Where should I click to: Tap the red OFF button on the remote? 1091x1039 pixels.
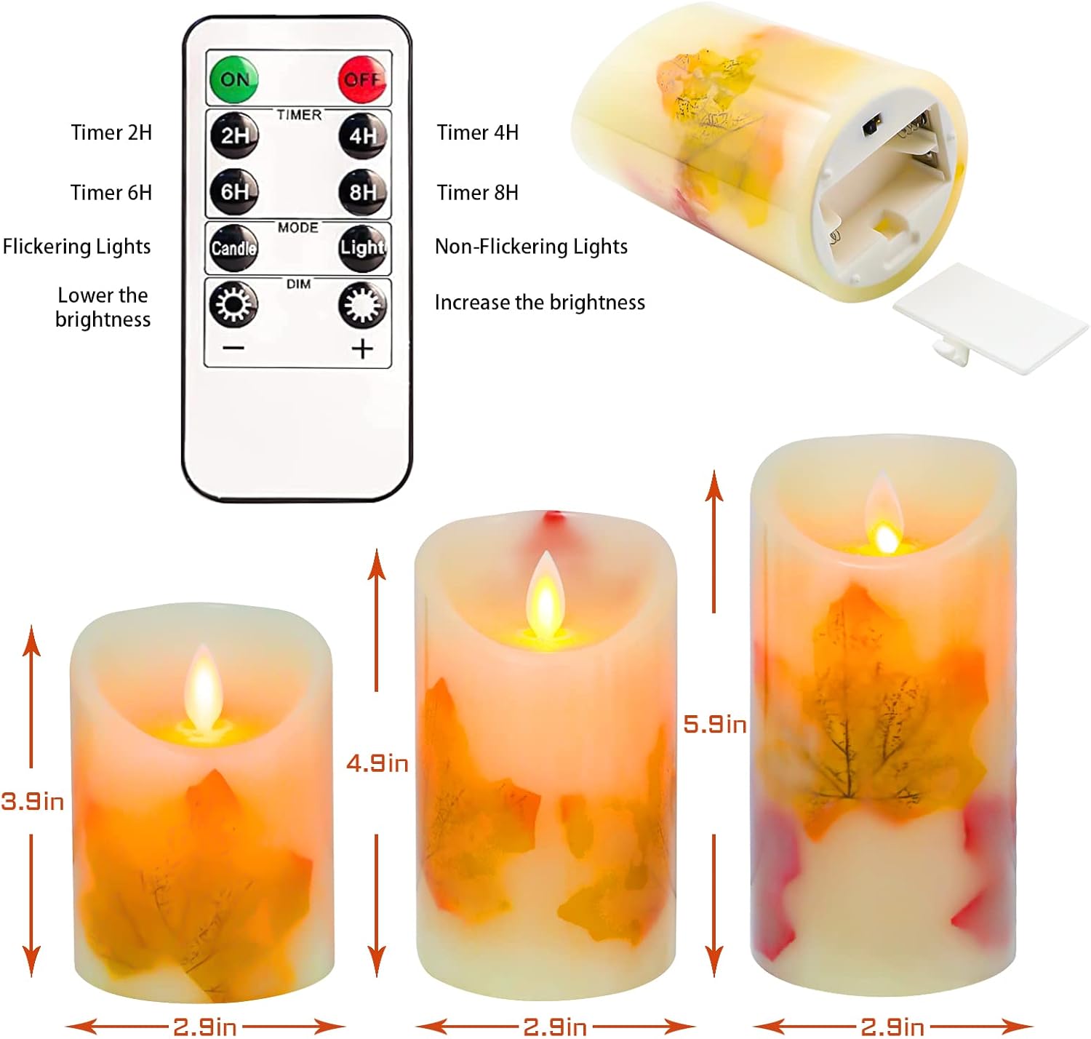point(361,79)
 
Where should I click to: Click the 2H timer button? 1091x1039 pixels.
point(234,135)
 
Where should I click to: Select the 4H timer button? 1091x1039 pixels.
point(362,135)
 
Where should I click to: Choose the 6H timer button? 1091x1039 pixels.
point(234,192)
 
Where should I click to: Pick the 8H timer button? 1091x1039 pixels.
point(362,192)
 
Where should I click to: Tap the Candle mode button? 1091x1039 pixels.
point(233,247)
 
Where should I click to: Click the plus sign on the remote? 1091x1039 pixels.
point(361,349)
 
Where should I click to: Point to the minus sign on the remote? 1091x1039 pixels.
point(233,349)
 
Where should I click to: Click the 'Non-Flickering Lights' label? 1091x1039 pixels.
point(530,247)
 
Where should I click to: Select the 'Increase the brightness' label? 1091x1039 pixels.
point(540,303)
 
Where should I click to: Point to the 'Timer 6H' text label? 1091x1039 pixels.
point(111,193)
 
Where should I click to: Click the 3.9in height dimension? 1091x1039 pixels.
point(32,801)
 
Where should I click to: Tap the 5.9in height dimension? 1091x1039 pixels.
point(715,724)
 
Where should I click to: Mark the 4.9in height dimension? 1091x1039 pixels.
point(377,763)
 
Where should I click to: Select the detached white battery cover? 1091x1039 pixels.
point(989,318)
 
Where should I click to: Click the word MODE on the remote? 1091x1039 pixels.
point(298,228)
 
